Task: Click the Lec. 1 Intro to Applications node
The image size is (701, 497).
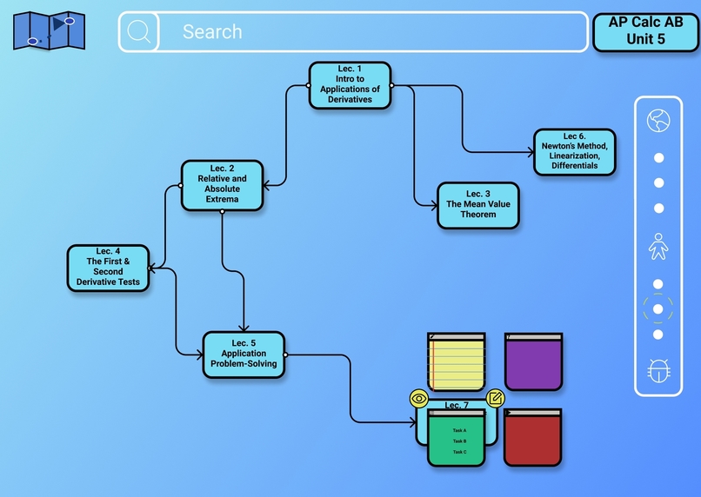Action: (350, 84)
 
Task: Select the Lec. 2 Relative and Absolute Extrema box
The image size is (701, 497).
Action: (222, 184)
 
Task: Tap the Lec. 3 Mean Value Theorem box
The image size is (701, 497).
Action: (477, 205)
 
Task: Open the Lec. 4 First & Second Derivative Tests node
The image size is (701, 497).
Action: (108, 267)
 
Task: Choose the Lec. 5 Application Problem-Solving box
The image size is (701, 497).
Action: (244, 354)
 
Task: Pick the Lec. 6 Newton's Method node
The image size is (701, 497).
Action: (574, 151)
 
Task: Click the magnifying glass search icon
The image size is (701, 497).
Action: (138, 32)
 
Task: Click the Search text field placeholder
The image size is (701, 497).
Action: (212, 32)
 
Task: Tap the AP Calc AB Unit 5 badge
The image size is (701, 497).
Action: (645, 32)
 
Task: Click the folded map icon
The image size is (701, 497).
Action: (50, 30)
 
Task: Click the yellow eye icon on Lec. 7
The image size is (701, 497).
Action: (419, 398)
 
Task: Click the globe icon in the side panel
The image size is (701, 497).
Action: (658, 121)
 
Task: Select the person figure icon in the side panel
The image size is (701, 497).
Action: (658, 246)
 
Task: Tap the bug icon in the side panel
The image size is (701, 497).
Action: (658, 371)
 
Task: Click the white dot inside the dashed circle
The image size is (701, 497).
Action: (658, 308)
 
